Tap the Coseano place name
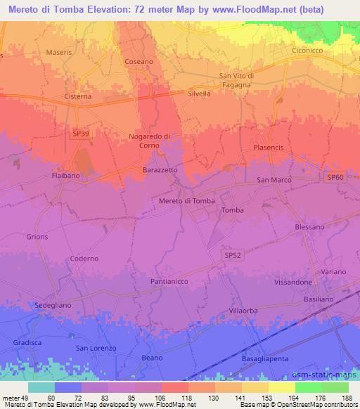click(139, 62)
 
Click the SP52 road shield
click(233, 258)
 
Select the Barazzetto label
click(160, 170)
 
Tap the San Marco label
click(274, 181)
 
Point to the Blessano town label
click(309, 227)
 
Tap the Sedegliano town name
click(54, 306)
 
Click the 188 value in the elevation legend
click(345, 398)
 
